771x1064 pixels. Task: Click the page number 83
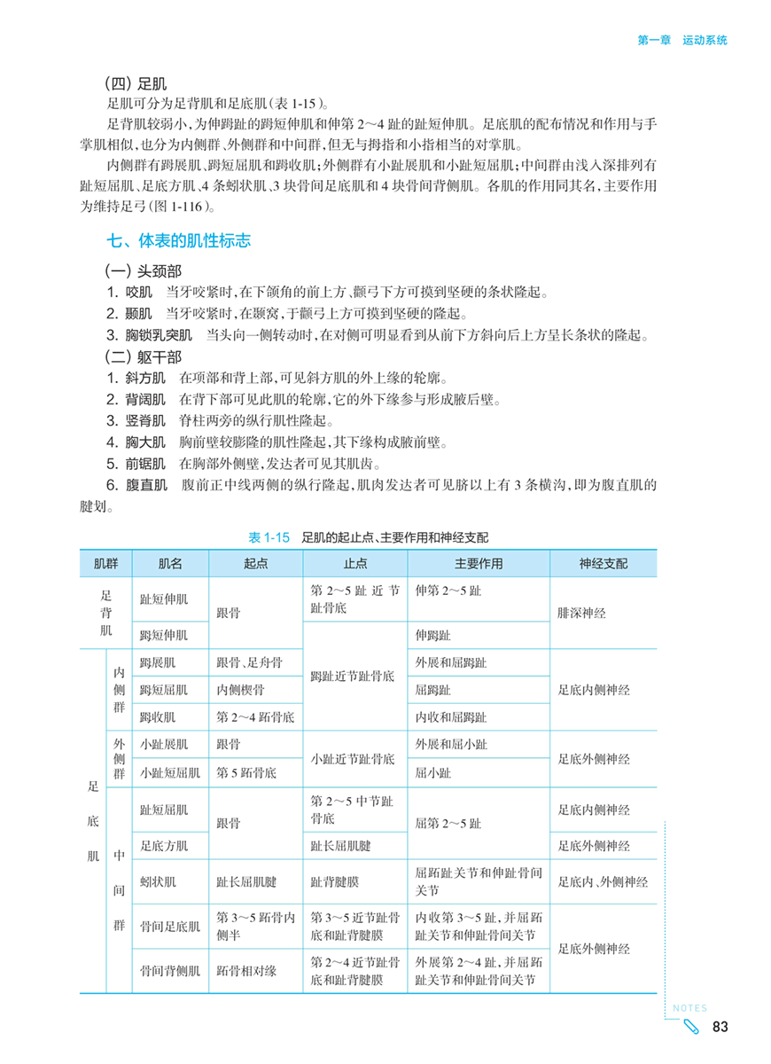point(720,1027)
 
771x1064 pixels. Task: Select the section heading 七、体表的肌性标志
point(178,240)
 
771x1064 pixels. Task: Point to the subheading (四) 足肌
point(136,85)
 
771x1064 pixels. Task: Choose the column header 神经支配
point(604,563)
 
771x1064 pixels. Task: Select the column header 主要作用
point(479,563)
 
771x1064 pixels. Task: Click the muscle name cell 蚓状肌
point(158,881)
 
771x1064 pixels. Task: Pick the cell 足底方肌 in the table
point(164,845)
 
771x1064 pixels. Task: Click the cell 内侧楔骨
point(240,689)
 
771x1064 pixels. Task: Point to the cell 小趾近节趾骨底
point(353,759)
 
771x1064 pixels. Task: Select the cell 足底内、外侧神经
point(603,881)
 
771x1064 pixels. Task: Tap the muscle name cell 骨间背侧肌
point(169,971)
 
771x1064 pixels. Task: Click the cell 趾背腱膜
point(335,881)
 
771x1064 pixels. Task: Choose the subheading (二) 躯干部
point(144,357)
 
